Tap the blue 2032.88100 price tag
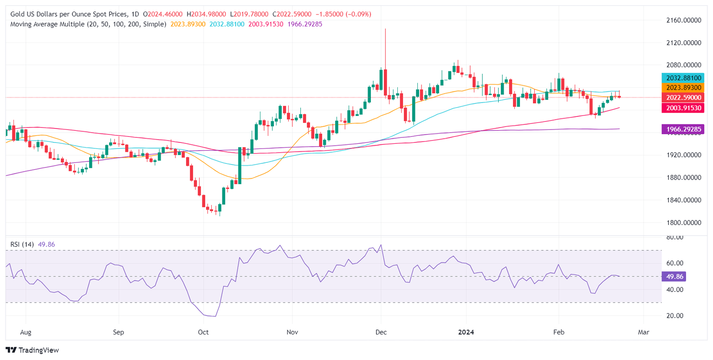[x=684, y=77]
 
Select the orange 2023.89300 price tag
[x=684, y=87]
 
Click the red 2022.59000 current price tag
[x=684, y=97]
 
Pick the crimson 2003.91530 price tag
[x=684, y=108]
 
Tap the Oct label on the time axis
[x=203, y=332]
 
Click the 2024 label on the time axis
[x=466, y=332]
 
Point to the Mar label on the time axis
[x=643, y=332]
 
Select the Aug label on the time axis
[x=26, y=332]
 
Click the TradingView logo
[x=32, y=350]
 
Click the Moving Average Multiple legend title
[x=88, y=24]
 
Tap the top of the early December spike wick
[x=385, y=29]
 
